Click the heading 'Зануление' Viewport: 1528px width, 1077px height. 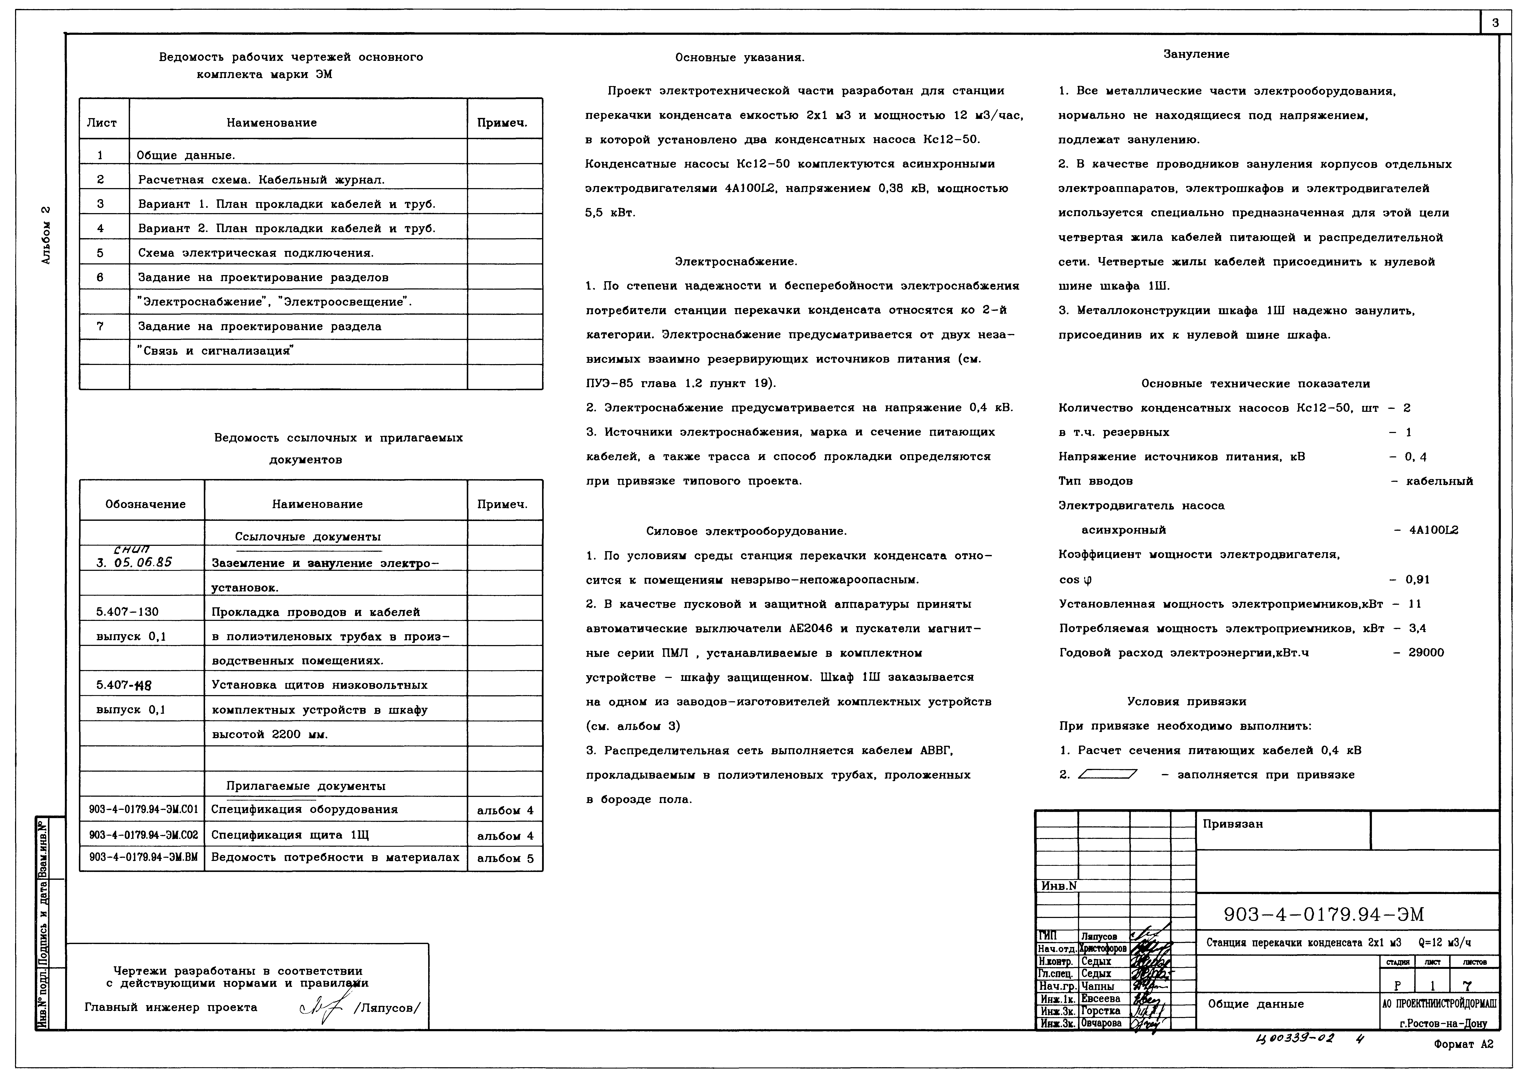[1196, 54]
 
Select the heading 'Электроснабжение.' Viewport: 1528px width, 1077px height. [735, 261]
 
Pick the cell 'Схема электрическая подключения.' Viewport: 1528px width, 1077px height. [256, 253]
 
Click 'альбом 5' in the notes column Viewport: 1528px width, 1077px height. [505, 858]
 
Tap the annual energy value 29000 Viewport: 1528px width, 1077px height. [1426, 653]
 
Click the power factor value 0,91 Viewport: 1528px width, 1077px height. [1418, 579]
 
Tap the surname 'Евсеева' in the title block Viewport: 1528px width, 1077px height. [1101, 999]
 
